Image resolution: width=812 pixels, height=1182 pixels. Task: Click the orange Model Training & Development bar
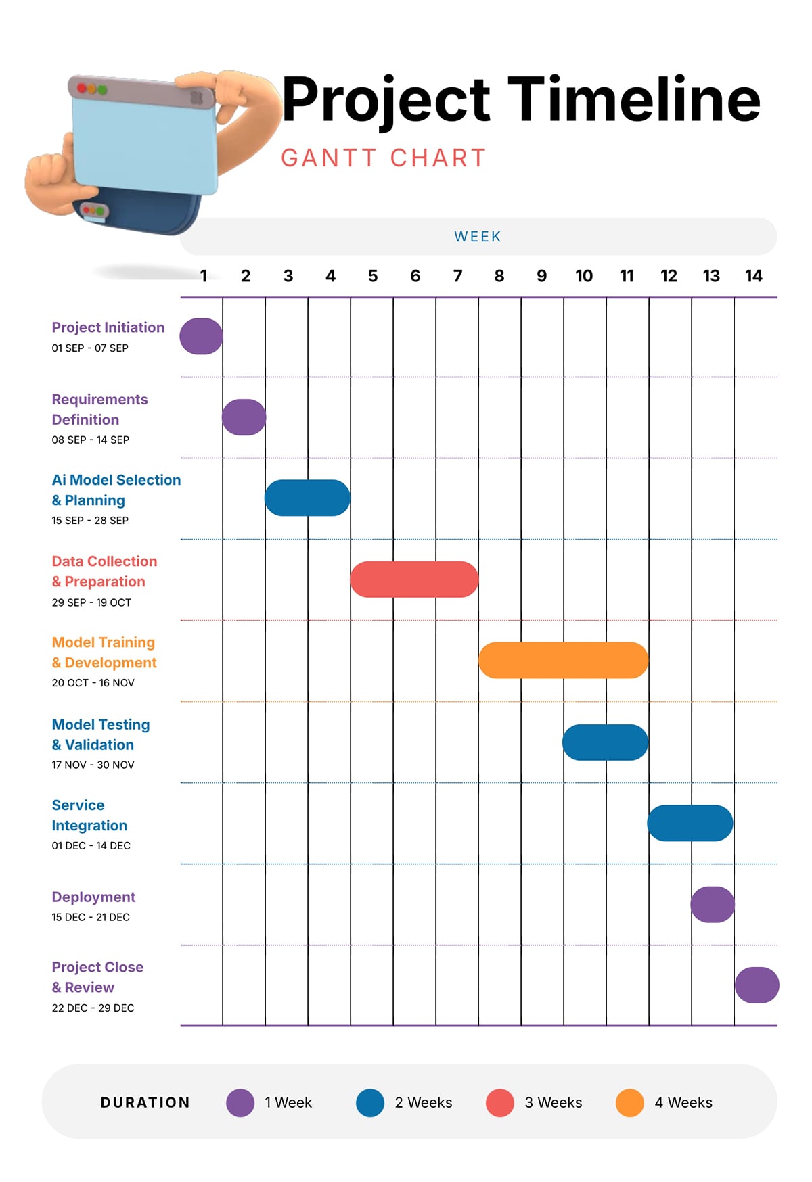pyautogui.click(x=563, y=660)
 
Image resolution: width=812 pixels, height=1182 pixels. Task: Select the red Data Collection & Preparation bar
pyautogui.click(x=414, y=579)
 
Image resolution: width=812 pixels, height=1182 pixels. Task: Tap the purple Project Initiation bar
pyautogui.click(x=201, y=336)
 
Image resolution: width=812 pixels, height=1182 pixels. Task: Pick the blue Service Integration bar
pyautogui.click(x=690, y=823)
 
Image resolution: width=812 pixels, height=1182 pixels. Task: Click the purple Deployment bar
pyautogui.click(x=713, y=904)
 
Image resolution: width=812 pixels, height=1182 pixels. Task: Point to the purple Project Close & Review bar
pyautogui.click(x=757, y=985)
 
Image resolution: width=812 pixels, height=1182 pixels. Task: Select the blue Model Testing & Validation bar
pyautogui.click(x=605, y=742)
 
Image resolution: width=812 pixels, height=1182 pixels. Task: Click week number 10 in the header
pyautogui.click(x=583, y=276)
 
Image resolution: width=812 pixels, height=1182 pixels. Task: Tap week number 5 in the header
pyautogui.click(x=372, y=276)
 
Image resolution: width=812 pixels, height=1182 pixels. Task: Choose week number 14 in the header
pyautogui.click(x=753, y=276)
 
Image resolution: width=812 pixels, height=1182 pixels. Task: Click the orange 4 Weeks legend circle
pyautogui.click(x=629, y=1103)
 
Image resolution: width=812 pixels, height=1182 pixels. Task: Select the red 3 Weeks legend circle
pyautogui.click(x=499, y=1103)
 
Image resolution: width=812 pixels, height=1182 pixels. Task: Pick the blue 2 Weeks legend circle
pyautogui.click(x=370, y=1103)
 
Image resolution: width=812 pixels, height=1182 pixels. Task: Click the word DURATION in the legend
pyautogui.click(x=145, y=1103)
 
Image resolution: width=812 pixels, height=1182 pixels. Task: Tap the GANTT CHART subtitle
pyautogui.click(x=384, y=158)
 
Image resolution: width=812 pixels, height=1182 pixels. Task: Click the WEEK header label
pyautogui.click(x=478, y=237)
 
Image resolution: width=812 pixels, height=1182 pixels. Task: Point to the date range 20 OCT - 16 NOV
pyautogui.click(x=93, y=683)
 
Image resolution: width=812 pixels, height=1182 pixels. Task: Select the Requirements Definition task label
pyautogui.click(x=99, y=409)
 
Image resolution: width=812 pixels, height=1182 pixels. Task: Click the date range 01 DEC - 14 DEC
pyautogui.click(x=91, y=846)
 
